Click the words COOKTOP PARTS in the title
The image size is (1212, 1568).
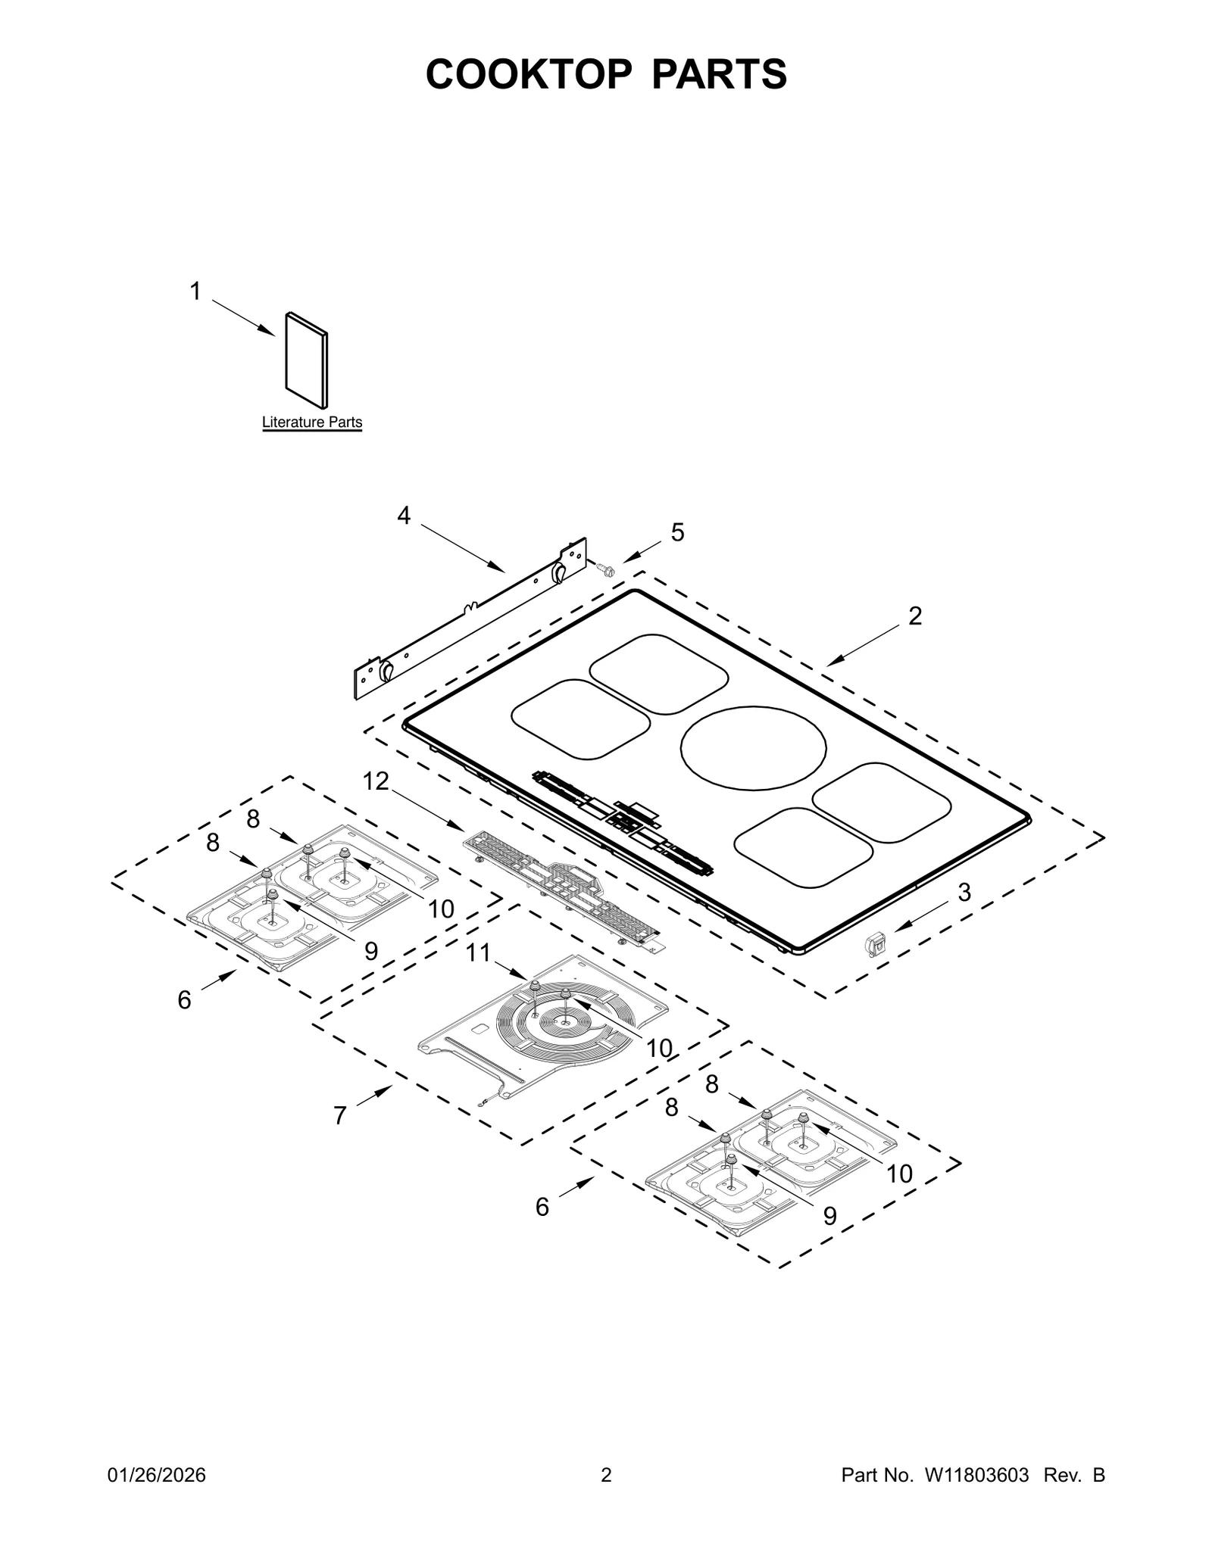[606, 74]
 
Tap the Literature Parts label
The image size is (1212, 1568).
[312, 422]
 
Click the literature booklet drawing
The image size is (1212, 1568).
[306, 360]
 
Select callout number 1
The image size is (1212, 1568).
[195, 291]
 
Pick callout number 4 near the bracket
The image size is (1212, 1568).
[404, 516]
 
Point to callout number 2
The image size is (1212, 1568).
[915, 616]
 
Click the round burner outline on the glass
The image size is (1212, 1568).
[753, 747]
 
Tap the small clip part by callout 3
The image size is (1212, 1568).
[875, 945]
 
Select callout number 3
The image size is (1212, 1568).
[964, 893]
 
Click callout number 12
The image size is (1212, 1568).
[376, 781]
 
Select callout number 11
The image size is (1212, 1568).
[478, 952]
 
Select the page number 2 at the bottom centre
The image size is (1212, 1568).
[606, 1475]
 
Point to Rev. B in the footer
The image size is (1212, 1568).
[1074, 1475]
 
